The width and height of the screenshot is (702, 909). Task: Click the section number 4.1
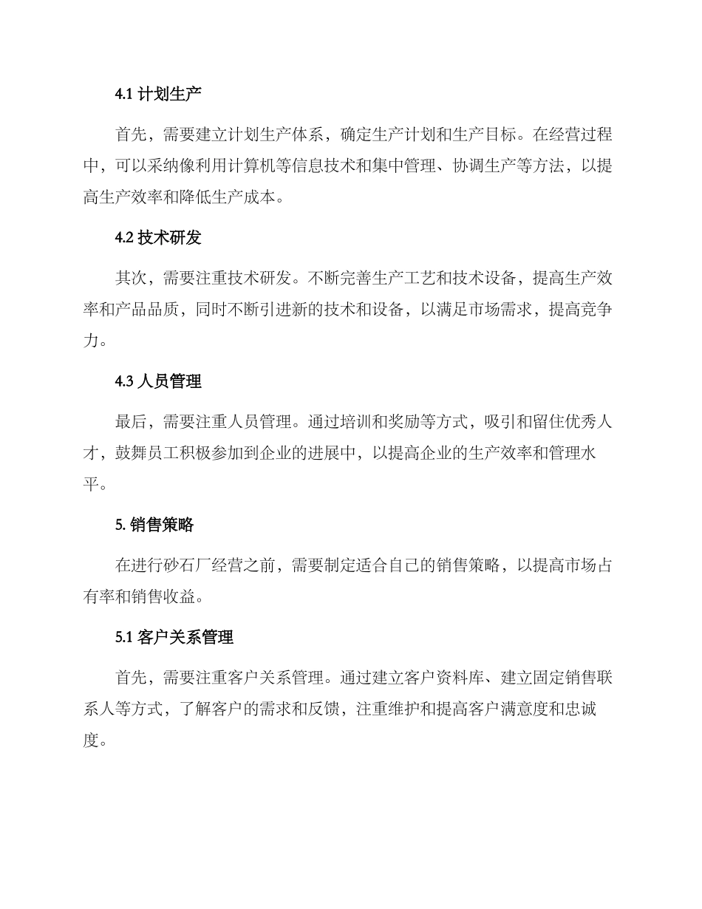coord(124,94)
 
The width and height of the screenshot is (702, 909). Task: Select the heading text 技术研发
coord(169,238)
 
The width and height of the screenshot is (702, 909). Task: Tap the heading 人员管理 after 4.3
coord(169,381)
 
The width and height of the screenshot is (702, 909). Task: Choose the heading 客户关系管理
coord(185,638)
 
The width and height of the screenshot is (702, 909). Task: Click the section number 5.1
coord(124,638)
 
